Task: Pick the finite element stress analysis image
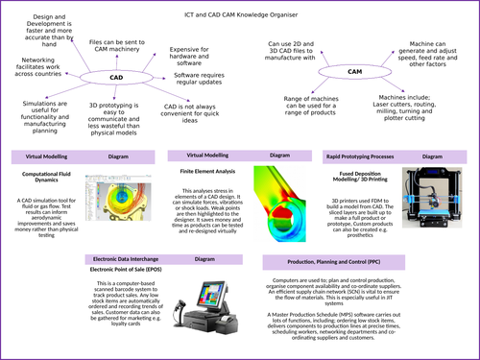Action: tap(279, 201)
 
